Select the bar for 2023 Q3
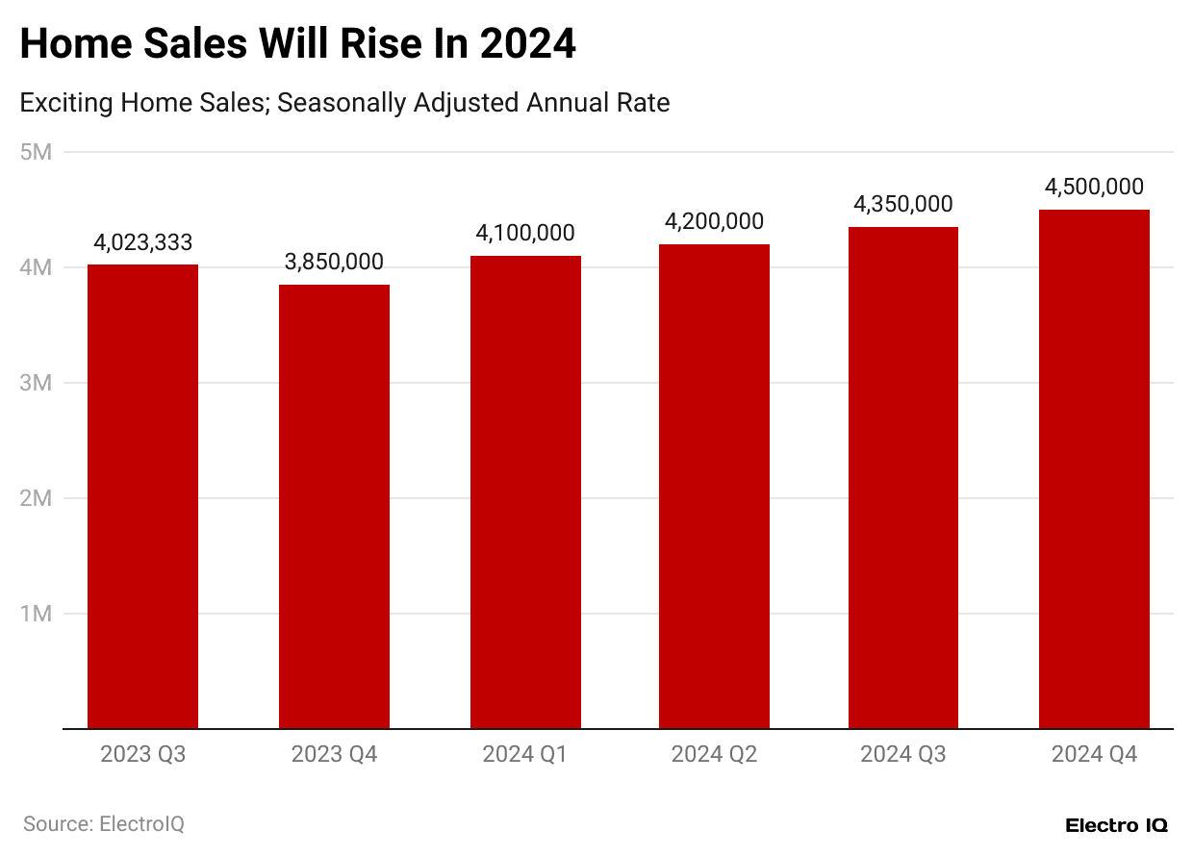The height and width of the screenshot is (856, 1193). (142, 496)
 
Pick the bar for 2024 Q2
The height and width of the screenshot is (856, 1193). (714, 487)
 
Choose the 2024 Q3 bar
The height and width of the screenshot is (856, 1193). (902, 478)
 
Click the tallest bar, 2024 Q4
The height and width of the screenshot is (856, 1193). (1094, 469)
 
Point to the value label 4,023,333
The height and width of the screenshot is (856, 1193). (142, 242)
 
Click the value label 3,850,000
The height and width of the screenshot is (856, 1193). (334, 263)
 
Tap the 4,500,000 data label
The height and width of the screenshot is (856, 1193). (1094, 188)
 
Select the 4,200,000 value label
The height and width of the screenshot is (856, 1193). (714, 222)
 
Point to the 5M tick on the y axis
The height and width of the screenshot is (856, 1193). (36, 152)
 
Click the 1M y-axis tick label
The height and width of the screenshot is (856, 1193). (36, 614)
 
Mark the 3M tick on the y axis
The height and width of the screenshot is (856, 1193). (36, 383)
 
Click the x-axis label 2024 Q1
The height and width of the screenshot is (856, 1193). (525, 755)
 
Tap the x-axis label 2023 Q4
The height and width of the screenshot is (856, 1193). (334, 755)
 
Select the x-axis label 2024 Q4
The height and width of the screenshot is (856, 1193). (1094, 755)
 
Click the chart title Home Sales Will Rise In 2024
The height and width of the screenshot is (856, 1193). (297, 44)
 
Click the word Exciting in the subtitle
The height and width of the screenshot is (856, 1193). (66, 103)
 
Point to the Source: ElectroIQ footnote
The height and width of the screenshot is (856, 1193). (103, 824)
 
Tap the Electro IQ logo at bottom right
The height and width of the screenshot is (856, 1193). (1116, 825)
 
